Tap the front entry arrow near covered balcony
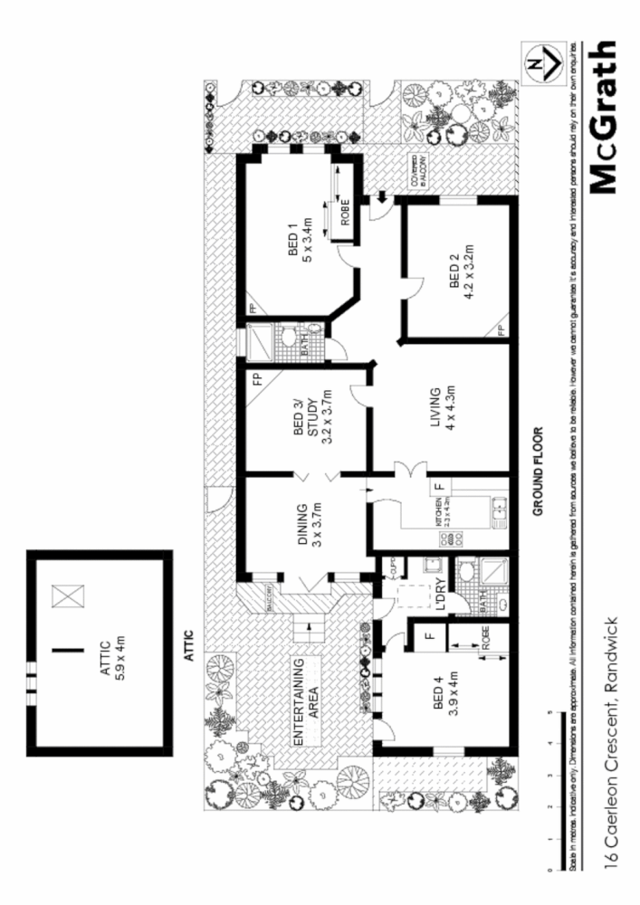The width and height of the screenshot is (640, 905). coord(382,195)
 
